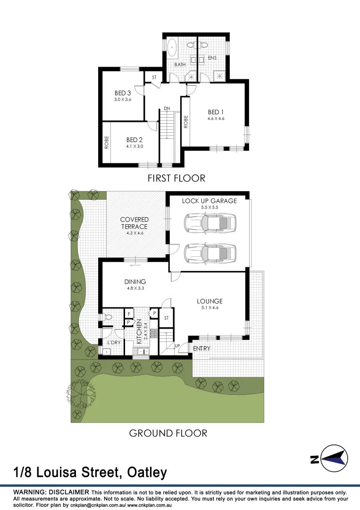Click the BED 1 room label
(x=216, y=112)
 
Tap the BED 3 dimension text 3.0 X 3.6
(x=122, y=100)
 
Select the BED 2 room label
(x=134, y=140)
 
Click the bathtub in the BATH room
(x=172, y=47)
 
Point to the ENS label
(x=212, y=58)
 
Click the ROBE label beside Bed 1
(x=186, y=122)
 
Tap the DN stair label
(x=167, y=109)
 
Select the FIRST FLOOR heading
(x=176, y=178)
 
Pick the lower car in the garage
(x=209, y=253)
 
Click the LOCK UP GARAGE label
(x=209, y=201)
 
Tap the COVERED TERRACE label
(x=134, y=223)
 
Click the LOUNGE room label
(x=209, y=301)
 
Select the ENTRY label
(x=201, y=348)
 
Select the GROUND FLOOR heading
(x=168, y=433)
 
